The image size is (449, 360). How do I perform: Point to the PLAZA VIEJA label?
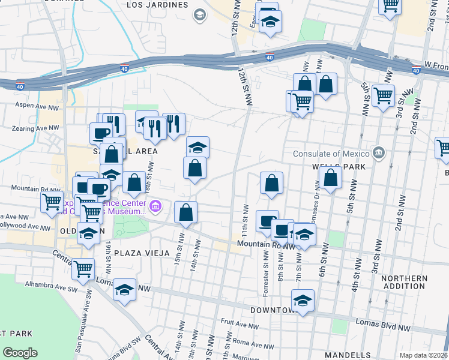click(140, 253)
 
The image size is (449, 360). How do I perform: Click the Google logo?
click(20, 353)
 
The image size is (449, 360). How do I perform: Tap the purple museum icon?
click(155, 207)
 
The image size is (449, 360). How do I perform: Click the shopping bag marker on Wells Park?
click(330, 178)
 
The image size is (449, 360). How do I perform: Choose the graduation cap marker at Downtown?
click(303, 301)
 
